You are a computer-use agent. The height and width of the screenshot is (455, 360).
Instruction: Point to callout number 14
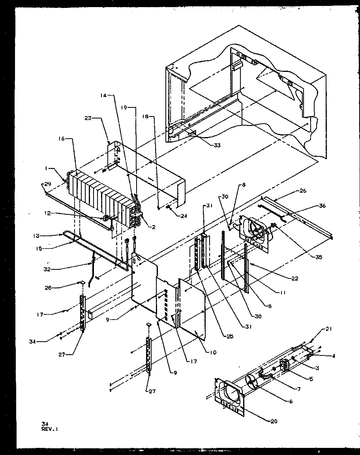(x=103, y=96)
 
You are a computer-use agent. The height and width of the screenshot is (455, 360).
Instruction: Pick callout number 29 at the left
(x=47, y=184)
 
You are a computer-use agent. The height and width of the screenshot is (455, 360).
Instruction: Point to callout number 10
(x=213, y=352)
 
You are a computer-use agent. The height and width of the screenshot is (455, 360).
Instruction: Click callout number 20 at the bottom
(x=274, y=421)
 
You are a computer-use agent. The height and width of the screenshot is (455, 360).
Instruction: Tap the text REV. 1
(x=47, y=429)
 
